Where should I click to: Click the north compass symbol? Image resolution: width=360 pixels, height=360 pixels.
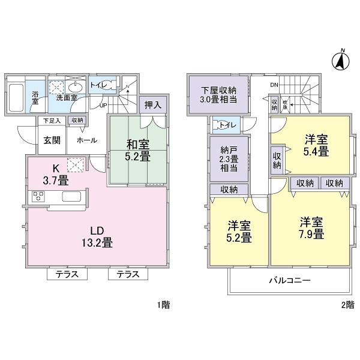point(340,60)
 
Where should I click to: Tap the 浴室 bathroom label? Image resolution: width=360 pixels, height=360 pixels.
point(35,98)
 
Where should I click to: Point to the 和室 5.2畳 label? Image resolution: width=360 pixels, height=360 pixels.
point(137,150)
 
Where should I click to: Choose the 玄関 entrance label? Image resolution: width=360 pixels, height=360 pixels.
point(51,140)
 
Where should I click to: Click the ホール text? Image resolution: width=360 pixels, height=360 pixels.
point(83,140)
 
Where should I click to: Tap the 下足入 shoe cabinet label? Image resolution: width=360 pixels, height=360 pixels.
point(51,121)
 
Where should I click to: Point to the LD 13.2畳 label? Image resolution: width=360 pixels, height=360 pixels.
point(96,237)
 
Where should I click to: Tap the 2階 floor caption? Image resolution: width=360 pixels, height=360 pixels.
point(347,305)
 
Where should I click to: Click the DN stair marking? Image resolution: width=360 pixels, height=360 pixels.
point(274,85)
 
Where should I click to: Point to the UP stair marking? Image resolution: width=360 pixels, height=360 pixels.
point(102,106)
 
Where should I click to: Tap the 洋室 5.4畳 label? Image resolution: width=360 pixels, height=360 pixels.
point(316,146)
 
